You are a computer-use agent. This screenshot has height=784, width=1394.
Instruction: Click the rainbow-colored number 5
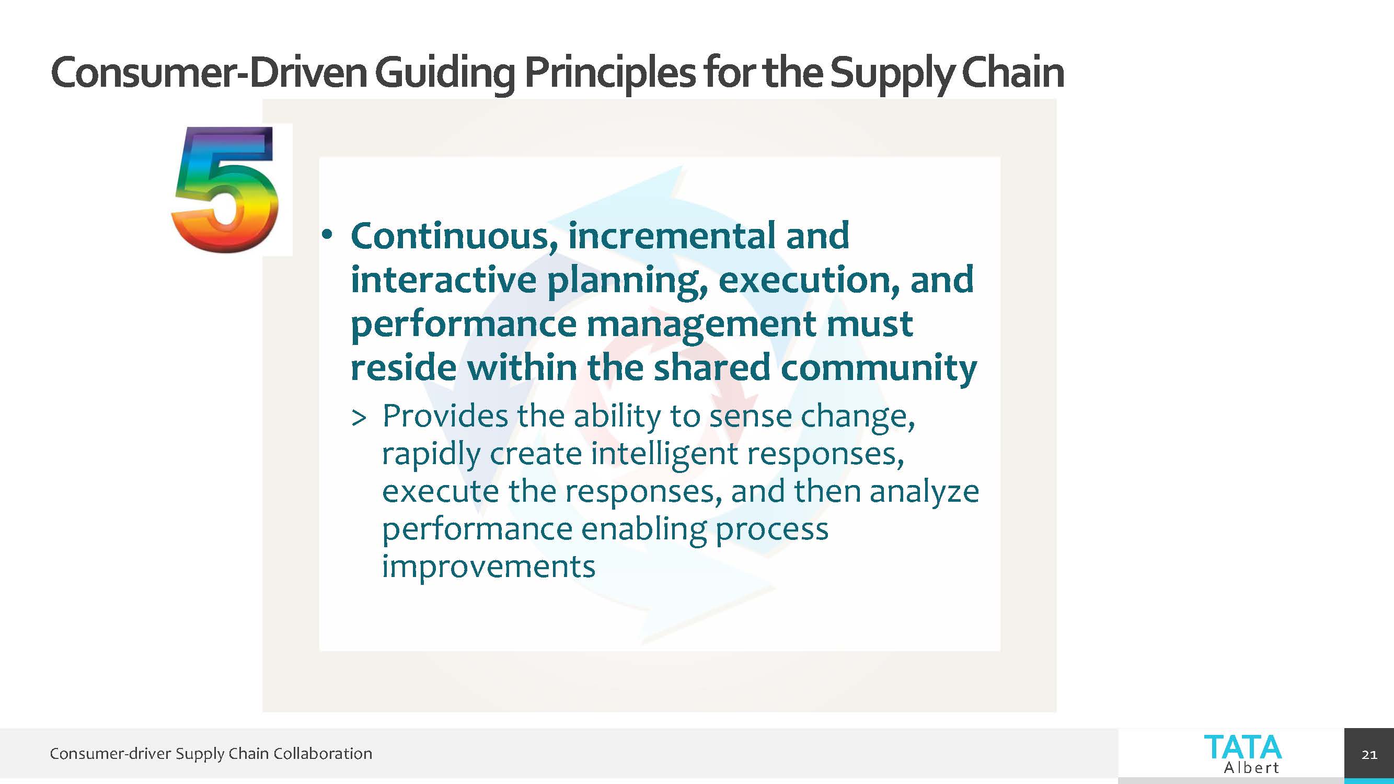pyautogui.click(x=226, y=189)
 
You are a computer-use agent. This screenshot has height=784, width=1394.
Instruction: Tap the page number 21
pyautogui.click(x=1369, y=754)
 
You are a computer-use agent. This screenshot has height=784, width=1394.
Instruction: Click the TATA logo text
pyautogui.click(x=1242, y=747)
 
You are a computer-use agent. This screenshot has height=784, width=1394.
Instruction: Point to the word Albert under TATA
pyautogui.click(x=1251, y=767)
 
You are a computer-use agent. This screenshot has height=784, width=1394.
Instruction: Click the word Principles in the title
pyautogui.click(x=610, y=73)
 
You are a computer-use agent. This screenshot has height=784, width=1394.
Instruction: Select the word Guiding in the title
pyautogui.click(x=445, y=73)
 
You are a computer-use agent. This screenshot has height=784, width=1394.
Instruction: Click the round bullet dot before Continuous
pyautogui.click(x=326, y=235)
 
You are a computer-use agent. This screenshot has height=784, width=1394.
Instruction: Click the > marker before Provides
pyautogui.click(x=358, y=418)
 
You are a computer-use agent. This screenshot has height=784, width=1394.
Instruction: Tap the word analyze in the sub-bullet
pyautogui.click(x=924, y=492)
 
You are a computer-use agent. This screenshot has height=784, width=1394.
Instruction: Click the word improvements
pyautogui.click(x=489, y=567)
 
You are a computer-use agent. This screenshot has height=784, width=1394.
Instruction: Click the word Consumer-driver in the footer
pyautogui.click(x=110, y=753)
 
